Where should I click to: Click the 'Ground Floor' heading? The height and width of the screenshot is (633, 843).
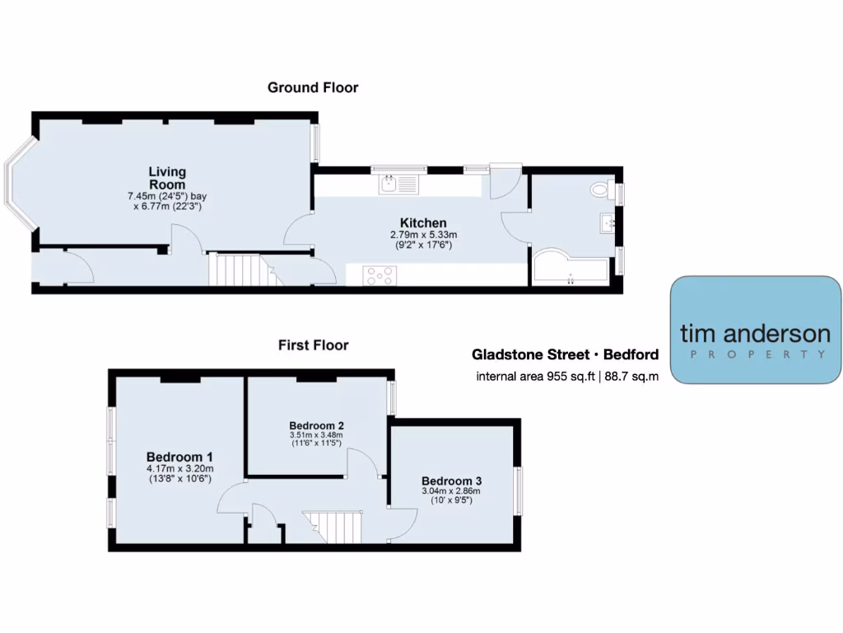(313, 87)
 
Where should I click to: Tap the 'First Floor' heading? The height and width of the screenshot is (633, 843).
(313, 345)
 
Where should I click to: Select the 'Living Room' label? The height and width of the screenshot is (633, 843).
(167, 178)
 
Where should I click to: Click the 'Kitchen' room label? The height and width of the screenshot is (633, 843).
(423, 223)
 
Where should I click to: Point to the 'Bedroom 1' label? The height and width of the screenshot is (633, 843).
(179, 457)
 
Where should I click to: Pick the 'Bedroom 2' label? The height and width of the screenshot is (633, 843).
(316, 425)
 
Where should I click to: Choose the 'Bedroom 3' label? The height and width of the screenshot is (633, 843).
(451, 481)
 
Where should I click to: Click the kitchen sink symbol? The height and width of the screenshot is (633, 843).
(399, 185)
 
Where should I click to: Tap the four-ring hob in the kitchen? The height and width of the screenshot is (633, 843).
(380, 275)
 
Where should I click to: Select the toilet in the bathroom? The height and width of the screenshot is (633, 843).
(602, 190)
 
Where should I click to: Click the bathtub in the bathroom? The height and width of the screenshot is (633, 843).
(569, 269)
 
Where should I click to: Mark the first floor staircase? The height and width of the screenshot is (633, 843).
(333, 527)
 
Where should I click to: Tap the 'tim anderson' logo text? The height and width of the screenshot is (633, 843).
(755, 334)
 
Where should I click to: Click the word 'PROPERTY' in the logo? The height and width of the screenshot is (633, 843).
(755, 355)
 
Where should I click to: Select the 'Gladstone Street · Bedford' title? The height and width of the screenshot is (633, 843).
(565, 355)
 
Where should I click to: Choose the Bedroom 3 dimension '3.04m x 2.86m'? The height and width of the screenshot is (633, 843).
(451, 491)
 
